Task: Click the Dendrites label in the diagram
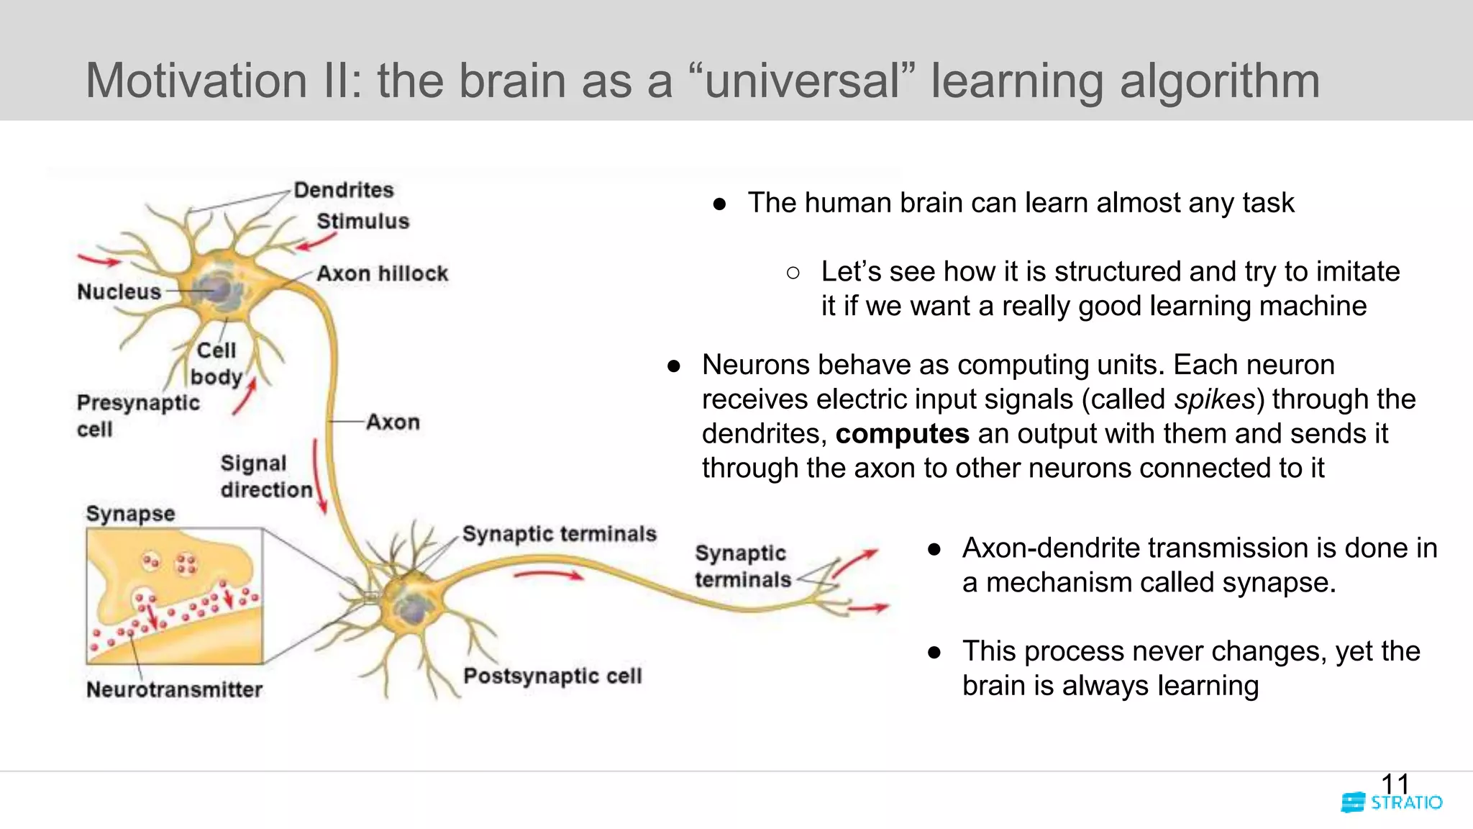coord(344,190)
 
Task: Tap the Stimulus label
coord(362,221)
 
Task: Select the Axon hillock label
coord(382,273)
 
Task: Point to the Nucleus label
coord(119,291)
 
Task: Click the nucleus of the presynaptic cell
coord(218,290)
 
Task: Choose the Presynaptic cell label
coord(137,415)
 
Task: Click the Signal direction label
coord(265,476)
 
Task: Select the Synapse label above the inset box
coord(130,513)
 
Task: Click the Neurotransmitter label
coord(174,689)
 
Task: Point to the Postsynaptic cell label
coord(552,676)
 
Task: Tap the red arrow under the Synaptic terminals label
coord(549,574)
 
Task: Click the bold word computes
coord(902,434)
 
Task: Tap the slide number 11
coord(1395,784)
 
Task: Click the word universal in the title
coord(802,81)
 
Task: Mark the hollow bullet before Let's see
coord(793,273)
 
